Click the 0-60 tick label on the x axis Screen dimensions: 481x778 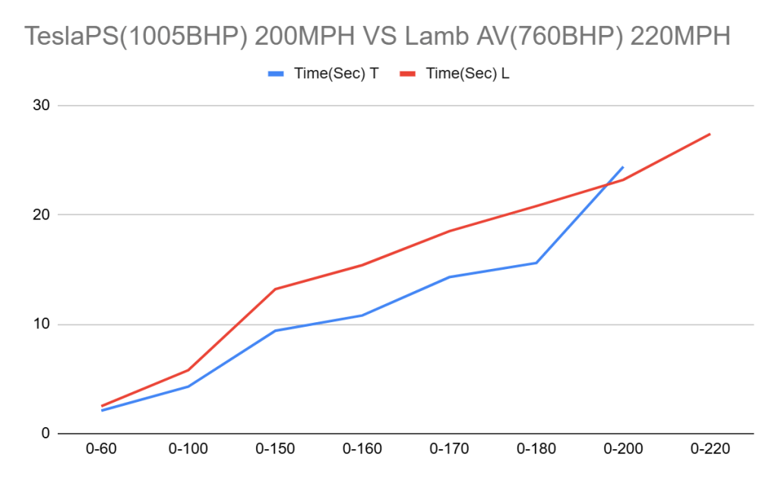pos(101,450)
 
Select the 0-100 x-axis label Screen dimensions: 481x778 pos(188,450)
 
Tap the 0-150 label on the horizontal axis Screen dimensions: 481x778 pos(275,450)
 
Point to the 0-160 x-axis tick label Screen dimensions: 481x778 pos(362,450)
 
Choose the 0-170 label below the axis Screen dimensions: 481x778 pos(449,450)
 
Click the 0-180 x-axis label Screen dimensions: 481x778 pos(536,450)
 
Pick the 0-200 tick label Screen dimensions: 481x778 pos(623,450)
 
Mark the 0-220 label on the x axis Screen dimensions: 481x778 pos(710,450)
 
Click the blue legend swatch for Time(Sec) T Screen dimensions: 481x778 pos(277,74)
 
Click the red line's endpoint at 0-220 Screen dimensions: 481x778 pos(710,134)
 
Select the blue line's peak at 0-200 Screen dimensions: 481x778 pos(623,166)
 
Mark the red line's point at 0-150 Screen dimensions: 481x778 pos(275,289)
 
